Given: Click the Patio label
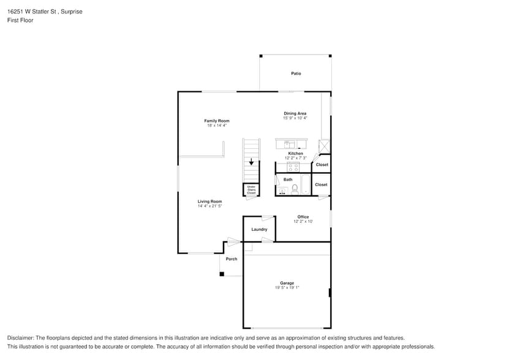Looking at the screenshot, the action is tap(296, 73).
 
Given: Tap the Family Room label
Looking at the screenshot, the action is tap(217, 121).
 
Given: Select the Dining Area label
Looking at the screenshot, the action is tap(295, 113).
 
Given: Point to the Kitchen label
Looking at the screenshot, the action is tap(295, 153).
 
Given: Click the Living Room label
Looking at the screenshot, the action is tap(209, 201).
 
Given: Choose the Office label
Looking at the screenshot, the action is tap(303, 217).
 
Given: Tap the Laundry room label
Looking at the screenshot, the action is tap(259, 229).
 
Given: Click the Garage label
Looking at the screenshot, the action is tap(287, 283).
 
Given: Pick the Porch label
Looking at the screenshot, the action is tap(232, 259).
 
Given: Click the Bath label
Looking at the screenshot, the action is tap(288, 179).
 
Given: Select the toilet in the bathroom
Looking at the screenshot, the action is tap(295, 189).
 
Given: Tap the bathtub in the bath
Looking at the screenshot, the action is tap(306, 184).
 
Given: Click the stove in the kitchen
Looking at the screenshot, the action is tap(293, 167).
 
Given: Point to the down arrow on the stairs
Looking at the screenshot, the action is tap(251, 162).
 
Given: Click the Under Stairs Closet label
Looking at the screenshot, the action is tap(251, 190).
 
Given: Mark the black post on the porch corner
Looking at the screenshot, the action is tap(222, 274).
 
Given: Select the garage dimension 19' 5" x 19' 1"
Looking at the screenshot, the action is tap(287, 288).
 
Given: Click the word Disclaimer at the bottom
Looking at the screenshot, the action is tap(20, 338).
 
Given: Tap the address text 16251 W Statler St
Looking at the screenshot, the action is tap(32, 12).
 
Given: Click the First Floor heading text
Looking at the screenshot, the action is tap(20, 20).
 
